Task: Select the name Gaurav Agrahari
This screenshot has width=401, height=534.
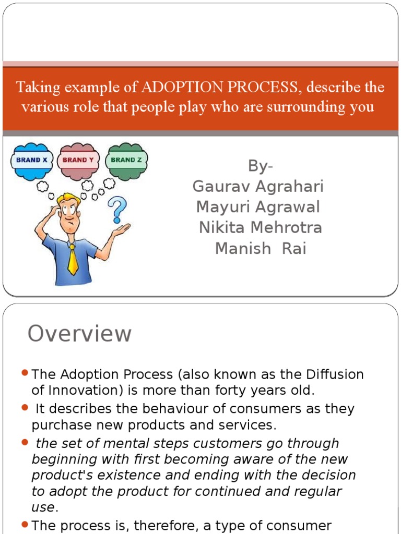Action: coord(258,186)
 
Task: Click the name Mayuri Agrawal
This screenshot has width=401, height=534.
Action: coord(258,207)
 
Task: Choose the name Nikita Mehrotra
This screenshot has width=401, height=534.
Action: coord(261,228)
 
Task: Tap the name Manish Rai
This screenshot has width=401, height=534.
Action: coord(261,249)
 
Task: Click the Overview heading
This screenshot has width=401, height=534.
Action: coord(79,334)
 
